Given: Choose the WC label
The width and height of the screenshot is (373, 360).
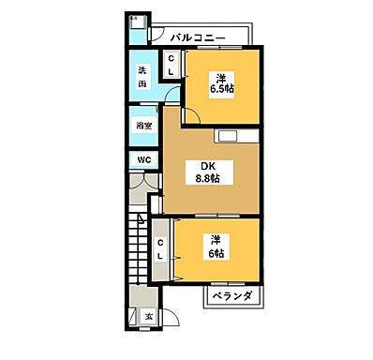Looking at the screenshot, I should tap(142, 159).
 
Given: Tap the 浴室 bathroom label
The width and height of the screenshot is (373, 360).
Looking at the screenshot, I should tap(142, 124).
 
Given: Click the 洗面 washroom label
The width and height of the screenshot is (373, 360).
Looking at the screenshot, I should tap(142, 75).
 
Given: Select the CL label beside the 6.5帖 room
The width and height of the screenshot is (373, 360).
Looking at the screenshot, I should tap(172, 65).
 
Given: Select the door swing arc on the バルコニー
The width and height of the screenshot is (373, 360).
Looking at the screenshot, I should tap(157, 38).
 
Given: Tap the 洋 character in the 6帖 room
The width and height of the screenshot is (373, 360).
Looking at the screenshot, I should tap(216, 241).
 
